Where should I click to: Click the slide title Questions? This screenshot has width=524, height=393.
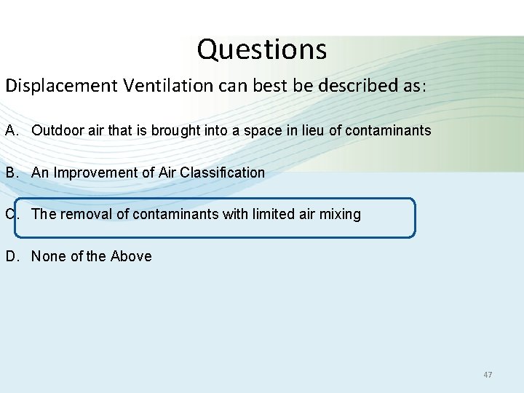262,49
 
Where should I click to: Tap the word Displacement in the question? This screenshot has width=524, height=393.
61,86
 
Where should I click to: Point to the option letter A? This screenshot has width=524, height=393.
11,131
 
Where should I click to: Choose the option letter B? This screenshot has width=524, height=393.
11,172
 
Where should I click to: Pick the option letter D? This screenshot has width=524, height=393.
11,256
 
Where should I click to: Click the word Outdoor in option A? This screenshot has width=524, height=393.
55,131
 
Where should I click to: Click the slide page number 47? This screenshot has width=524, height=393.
488,375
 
